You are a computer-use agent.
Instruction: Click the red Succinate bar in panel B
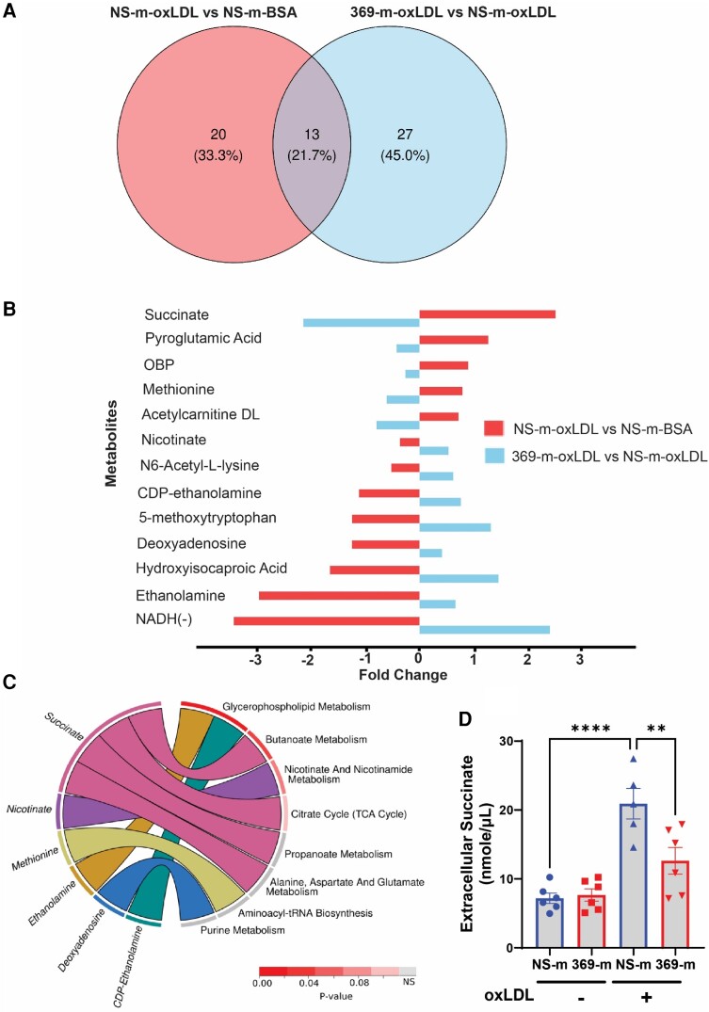(487, 313)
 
